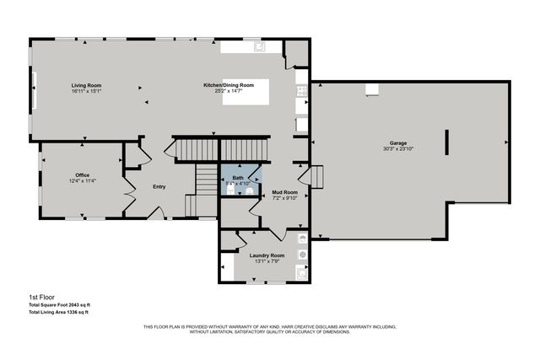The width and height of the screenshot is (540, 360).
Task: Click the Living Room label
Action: pyautogui.click(x=86, y=85)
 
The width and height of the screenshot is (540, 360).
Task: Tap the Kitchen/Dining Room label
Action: pyautogui.click(x=229, y=85)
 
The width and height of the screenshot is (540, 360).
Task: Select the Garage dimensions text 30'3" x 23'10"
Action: pyautogui.click(x=398, y=149)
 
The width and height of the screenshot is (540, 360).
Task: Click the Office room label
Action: pyautogui.click(x=82, y=175)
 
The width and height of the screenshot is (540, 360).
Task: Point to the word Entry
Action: pyautogui.click(x=159, y=187)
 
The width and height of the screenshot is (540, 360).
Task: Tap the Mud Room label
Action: pyautogui.click(x=284, y=192)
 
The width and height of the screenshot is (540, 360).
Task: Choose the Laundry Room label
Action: pyautogui.click(x=267, y=255)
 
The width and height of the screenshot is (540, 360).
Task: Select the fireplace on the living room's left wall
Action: pyautogui.click(x=35, y=85)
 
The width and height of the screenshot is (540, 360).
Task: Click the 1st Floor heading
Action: pyautogui.click(x=41, y=297)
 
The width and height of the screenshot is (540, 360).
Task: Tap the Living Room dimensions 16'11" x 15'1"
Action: pyautogui.click(x=86, y=91)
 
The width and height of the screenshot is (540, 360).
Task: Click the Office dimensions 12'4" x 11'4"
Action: pyautogui.click(x=82, y=180)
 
